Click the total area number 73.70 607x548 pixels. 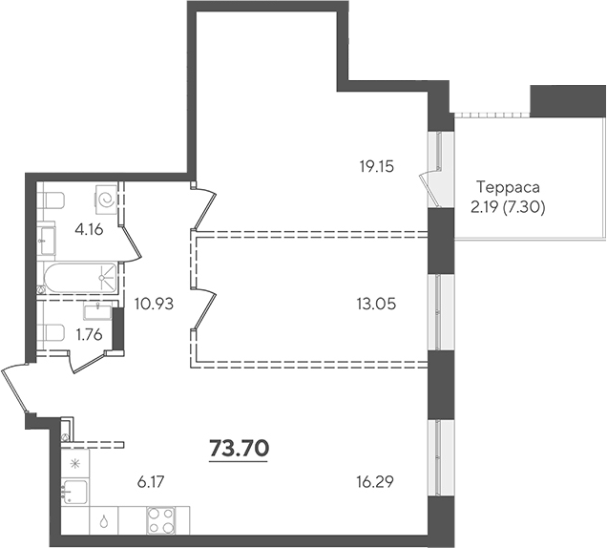(239, 449)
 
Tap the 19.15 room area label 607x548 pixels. (376, 167)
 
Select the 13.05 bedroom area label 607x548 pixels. (376, 304)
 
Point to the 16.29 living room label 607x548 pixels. (375, 482)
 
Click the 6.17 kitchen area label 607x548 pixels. (151, 482)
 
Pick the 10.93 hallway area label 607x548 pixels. (154, 304)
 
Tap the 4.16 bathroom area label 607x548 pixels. (89, 230)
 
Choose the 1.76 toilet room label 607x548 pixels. (90, 334)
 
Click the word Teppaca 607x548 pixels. (508, 187)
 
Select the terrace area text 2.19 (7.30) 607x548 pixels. (508, 208)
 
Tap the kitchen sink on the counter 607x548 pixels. (75, 492)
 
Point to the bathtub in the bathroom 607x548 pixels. (80, 278)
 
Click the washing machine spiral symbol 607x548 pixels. (106, 200)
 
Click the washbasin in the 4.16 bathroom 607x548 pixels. (47, 241)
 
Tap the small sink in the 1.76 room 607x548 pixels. (98, 311)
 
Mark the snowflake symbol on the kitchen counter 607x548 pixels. (74, 463)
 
